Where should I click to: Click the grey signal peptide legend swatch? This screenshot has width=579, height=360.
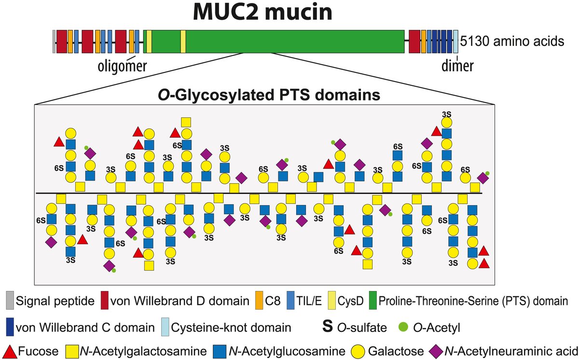(x=11, y=302)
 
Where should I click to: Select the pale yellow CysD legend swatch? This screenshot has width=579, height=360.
(x=333, y=302)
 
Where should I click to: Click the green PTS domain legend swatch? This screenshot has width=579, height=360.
(x=373, y=302)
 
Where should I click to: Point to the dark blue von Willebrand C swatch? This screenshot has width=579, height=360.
(x=10, y=326)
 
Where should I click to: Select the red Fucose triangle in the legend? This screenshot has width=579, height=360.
(x=11, y=350)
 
